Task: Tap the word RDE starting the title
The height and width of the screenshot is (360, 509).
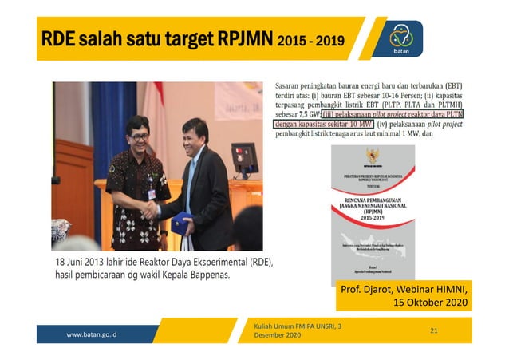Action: click(61, 38)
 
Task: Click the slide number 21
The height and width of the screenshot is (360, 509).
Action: click(435, 330)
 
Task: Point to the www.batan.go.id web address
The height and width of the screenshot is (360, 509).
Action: click(91, 334)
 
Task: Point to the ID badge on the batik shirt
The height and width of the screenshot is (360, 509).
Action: click(150, 192)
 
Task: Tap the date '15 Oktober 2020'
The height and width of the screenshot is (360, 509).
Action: click(432, 303)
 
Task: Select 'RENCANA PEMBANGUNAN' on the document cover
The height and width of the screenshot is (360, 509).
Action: click(371, 192)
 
